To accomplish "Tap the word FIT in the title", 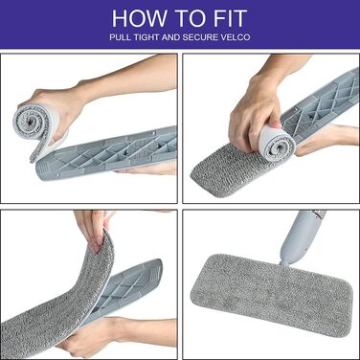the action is click(x=230, y=18).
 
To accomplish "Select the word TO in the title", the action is click(x=189, y=18).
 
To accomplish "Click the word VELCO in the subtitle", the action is click(x=236, y=37).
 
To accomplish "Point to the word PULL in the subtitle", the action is click(x=121, y=37).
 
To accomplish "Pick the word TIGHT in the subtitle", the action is click(x=146, y=37).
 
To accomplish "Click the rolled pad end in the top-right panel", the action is click(x=277, y=145).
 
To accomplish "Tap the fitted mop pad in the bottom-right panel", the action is click(x=271, y=294).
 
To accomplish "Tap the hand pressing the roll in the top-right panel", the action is click(x=256, y=113).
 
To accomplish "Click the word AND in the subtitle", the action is click(x=171, y=37).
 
